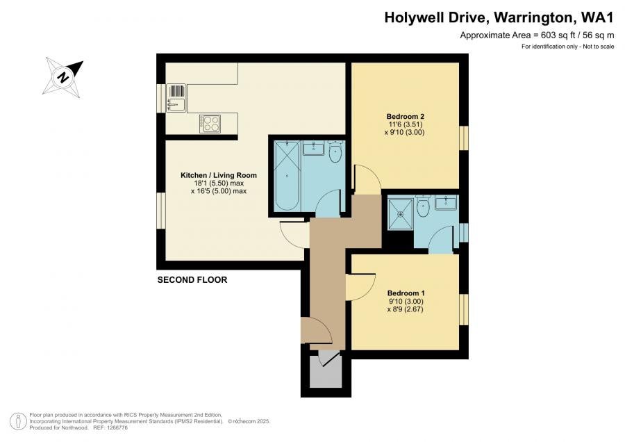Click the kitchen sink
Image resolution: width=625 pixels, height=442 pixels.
(176, 97)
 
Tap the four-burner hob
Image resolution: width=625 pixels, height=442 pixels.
(210, 124)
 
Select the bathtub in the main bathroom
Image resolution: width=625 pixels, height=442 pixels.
(287, 176)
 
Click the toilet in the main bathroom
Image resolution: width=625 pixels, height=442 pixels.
(335, 152)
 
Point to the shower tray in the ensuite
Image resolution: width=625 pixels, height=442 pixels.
(401, 214)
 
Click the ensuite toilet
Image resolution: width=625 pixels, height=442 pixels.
(422, 206)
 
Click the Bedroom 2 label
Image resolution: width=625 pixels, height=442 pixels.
(405, 117)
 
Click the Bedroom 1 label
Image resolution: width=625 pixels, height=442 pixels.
(406, 293)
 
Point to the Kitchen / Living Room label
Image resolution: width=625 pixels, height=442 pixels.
(219, 175)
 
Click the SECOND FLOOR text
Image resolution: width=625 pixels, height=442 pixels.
(192, 280)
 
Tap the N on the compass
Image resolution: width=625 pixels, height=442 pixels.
(63, 76)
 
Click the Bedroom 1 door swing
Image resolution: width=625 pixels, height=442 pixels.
(360, 287)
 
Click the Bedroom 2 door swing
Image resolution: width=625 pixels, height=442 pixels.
(367, 179)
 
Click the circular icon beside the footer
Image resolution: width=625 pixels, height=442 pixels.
(18, 422)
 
